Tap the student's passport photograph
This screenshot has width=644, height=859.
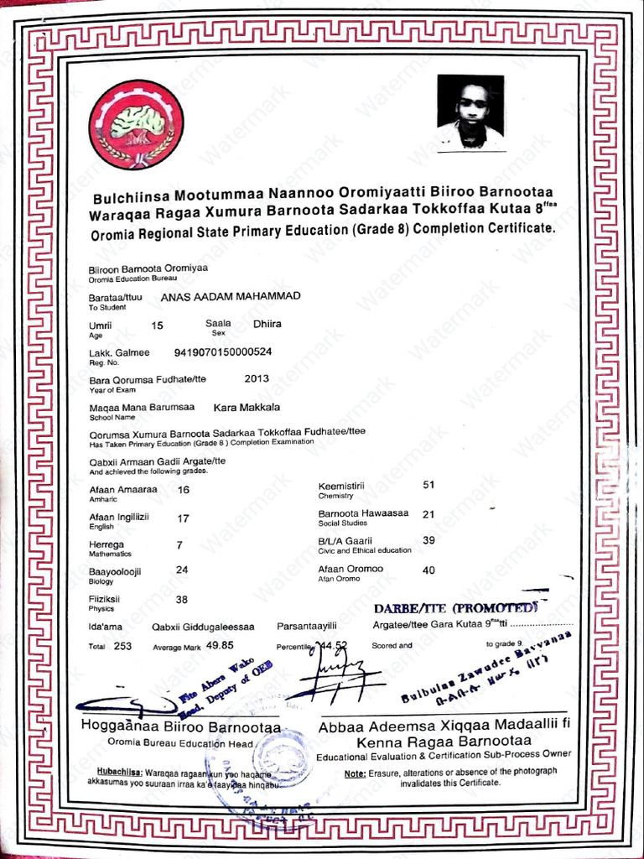(470, 112)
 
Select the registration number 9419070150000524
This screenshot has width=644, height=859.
(222, 351)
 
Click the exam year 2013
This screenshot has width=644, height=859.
(257, 378)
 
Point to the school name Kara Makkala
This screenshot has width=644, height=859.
(247, 407)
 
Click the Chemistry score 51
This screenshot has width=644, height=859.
(428, 485)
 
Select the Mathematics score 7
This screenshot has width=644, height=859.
(179, 545)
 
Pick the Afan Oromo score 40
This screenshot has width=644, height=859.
(428, 570)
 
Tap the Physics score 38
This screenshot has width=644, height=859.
(182, 600)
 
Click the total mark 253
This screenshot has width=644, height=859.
(123, 646)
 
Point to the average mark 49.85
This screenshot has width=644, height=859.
(219, 645)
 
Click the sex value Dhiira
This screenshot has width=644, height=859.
(267, 324)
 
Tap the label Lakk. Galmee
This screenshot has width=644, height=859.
(119, 352)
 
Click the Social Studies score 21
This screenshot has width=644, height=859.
(428, 514)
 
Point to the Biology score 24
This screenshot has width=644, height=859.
(182, 570)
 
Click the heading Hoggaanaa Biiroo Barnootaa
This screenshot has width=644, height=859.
(180, 726)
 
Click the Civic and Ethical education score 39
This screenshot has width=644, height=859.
(428, 540)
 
